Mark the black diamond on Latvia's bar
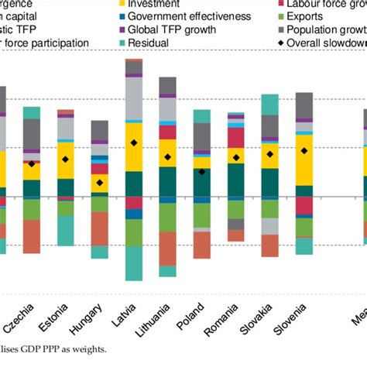coord(134,142)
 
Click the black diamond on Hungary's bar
coord(100,183)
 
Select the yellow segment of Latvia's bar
coord(134,147)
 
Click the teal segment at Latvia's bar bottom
coord(134,263)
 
